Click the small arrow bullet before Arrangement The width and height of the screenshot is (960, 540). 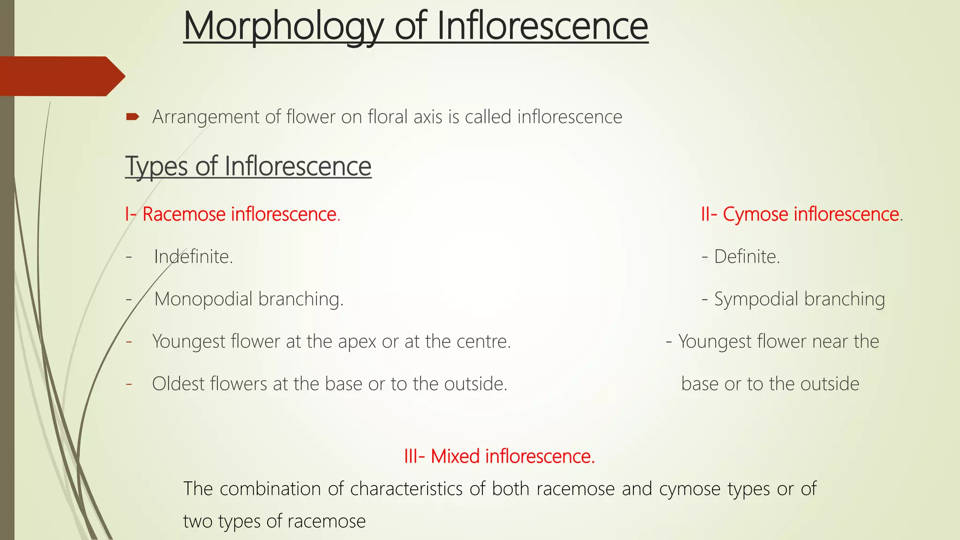click(x=133, y=116)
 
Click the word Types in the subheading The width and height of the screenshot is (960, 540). click(x=157, y=167)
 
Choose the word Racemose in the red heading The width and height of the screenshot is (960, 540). click(x=184, y=214)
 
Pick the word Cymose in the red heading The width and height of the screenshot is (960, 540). click(x=755, y=214)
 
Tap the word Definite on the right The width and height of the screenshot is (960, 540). click(x=747, y=257)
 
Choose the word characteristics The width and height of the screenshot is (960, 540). click(x=406, y=489)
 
